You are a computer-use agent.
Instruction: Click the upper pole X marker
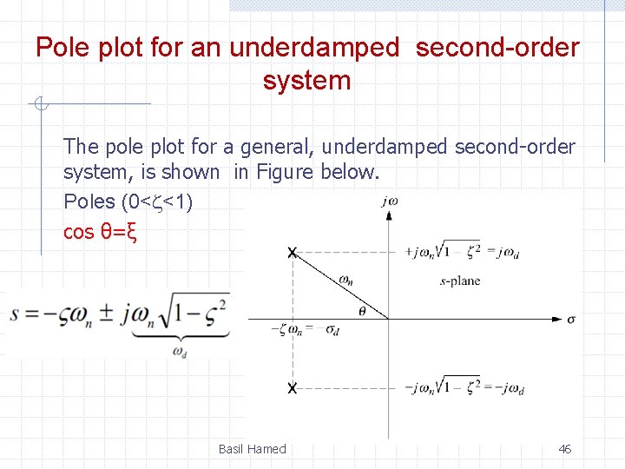tap(293, 253)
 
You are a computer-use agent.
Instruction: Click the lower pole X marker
tap(293, 386)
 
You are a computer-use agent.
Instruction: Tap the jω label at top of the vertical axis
tap(389, 201)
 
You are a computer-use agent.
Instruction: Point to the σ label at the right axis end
tap(570, 320)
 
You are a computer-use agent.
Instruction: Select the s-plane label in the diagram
tap(460, 281)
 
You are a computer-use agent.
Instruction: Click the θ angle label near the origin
tap(361, 310)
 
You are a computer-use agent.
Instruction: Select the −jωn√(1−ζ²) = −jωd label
tap(464, 386)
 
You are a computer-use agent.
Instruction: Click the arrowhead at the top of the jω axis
tap(389, 215)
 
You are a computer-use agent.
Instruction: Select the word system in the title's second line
tap(306, 81)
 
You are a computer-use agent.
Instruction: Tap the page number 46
tap(564, 449)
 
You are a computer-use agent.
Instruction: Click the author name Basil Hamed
tap(252, 449)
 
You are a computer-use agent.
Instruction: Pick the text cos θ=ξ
tap(101, 233)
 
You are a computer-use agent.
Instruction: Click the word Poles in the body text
tap(89, 201)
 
